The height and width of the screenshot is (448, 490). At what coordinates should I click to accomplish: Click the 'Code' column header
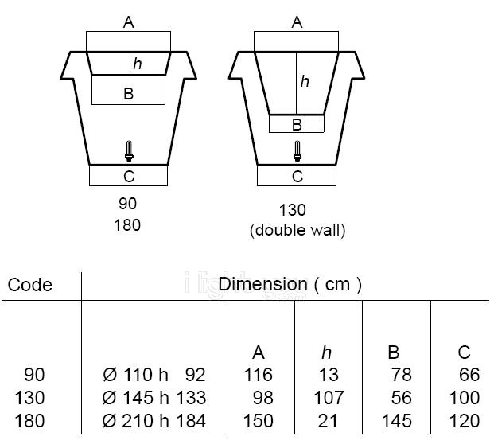[x=30, y=285]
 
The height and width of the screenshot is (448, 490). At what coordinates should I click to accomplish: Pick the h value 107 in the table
[x=327, y=398]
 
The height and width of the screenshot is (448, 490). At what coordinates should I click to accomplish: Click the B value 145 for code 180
[x=396, y=421]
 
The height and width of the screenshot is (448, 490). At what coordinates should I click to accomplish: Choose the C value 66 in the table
[x=469, y=375]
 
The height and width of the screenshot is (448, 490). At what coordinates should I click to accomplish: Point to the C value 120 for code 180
[x=465, y=421]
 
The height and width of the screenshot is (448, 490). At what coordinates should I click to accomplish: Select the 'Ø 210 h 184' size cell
[x=154, y=421]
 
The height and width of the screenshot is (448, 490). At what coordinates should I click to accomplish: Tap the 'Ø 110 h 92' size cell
[x=154, y=375]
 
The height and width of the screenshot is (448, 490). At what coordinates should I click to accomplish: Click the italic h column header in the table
[x=327, y=353]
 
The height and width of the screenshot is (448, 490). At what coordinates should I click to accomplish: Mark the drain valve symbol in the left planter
[x=129, y=150]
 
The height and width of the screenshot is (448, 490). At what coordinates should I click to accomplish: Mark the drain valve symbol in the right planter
[x=297, y=150]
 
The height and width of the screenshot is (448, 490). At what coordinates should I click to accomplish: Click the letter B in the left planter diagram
[x=128, y=94]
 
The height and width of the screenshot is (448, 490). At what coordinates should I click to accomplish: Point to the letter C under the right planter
[x=297, y=177]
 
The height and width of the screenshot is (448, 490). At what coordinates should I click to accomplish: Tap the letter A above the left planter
[x=128, y=22]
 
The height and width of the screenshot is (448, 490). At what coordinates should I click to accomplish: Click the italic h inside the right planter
[x=305, y=81]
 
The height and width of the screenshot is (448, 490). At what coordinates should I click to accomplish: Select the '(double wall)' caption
[x=297, y=231]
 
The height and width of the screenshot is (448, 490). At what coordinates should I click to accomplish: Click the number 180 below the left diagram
[x=127, y=225]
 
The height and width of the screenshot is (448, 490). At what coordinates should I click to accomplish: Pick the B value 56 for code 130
[x=401, y=398]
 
